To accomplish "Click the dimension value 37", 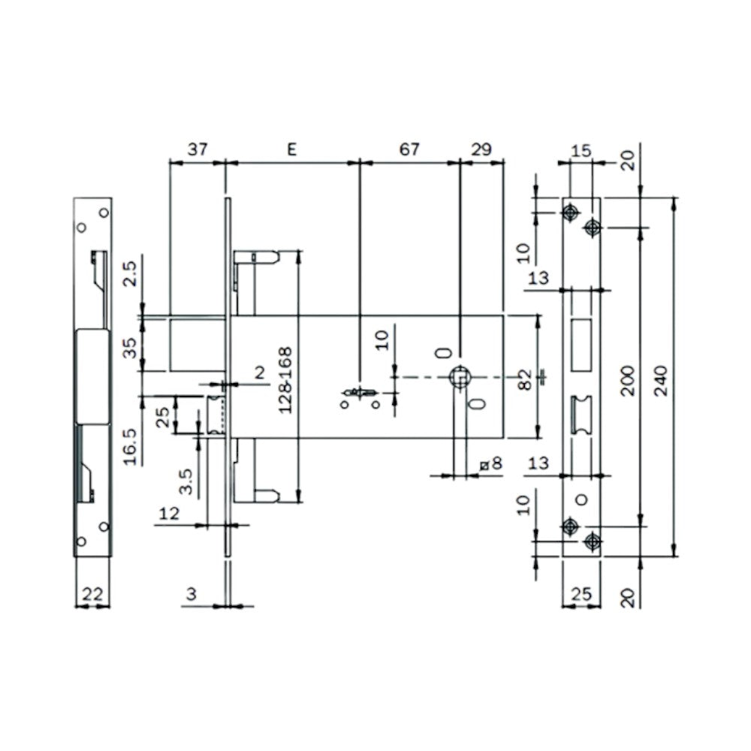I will tap(197, 149).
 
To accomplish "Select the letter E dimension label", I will tap(292, 149).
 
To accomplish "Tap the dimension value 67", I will tap(409, 149).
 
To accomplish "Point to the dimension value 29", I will tap(481, 149).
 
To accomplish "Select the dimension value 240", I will tap(663, 379).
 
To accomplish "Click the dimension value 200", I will tap(629, 380).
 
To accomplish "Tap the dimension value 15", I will tap(581, 151).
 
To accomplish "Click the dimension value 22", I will tap(92, 593).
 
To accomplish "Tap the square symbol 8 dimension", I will tap(491, 464).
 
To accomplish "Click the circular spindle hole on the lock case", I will tap(459, 377).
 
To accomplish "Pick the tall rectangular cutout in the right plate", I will tap(581, 345).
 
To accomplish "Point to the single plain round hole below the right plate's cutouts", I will tap(581, 499).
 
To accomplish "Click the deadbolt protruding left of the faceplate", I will tap(198, 343).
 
